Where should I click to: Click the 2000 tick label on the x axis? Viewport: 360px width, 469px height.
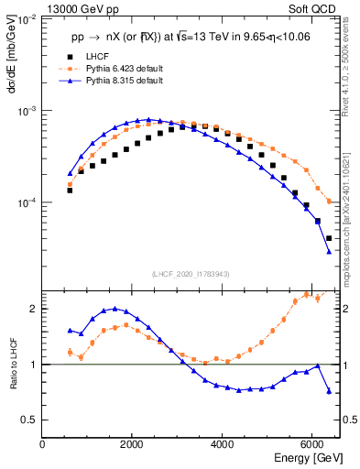(x=132, y=445)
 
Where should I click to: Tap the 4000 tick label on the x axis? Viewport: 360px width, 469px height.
(x=223, y=445)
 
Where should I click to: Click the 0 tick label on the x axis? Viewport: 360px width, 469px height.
(x=42, y=445)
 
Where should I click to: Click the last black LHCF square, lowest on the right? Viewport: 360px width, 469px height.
(x=329, y=238)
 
